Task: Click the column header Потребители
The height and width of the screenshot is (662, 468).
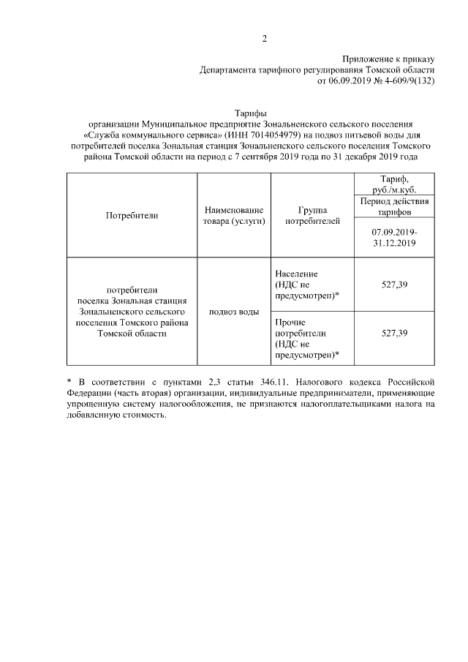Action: point(132,216)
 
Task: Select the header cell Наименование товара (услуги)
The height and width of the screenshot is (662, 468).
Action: point(234,216)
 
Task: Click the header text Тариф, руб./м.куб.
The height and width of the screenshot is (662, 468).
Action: point(394,184)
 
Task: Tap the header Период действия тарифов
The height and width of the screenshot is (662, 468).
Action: point(394,206)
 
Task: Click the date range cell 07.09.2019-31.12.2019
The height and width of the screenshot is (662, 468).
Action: point(394,238)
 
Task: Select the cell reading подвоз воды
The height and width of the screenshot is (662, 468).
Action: point(234,312)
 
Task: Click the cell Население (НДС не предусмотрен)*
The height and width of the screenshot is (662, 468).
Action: point(307,284)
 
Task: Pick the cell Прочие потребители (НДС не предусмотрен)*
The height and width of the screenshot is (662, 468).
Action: point(307,338)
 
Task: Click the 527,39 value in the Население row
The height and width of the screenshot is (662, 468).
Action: point(394,284)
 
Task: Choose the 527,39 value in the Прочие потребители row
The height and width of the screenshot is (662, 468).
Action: point(394,333)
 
